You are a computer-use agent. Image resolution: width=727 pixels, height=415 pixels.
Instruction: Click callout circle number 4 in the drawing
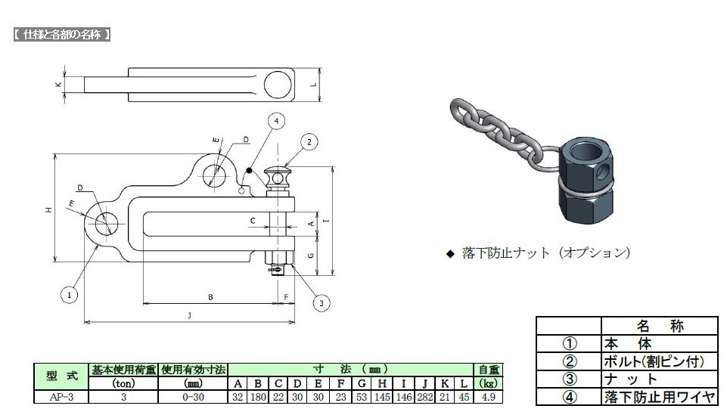click(x=276, y=122)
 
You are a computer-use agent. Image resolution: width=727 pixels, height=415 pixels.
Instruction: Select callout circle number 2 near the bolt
click(x=309, y=141)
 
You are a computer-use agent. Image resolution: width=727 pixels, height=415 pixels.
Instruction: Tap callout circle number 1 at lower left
click(x=70, y=295)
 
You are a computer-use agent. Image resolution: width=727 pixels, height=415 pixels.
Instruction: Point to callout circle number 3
click(x=322, y=303)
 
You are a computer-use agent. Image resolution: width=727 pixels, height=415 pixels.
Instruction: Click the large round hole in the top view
click(x=278, y=85)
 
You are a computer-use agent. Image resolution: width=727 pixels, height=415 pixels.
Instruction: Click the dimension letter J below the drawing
click(x=189, y=315)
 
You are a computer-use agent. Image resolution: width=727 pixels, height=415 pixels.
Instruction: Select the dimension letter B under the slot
click(x=210, y=297)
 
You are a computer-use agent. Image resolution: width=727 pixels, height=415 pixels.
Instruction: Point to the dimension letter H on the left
click(x=48, y=210)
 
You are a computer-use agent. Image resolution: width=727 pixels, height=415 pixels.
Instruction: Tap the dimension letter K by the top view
click(x=58, y=85)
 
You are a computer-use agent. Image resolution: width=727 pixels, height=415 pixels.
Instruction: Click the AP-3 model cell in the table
click(x=61, y=397)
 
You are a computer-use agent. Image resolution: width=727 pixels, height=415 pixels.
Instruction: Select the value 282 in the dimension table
click(x=424, y=397)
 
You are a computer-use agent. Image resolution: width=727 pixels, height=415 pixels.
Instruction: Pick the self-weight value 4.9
click(x=488, y=397)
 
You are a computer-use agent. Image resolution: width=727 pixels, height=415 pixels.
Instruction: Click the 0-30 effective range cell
click(x=193, y=397)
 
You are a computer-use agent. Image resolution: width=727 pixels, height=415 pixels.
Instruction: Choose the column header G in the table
click(x=362, y=383)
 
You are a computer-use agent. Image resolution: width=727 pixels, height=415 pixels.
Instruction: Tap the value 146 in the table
click(x=403, y=397)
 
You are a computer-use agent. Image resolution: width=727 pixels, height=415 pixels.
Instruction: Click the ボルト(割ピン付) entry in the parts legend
click(x=654, y=361)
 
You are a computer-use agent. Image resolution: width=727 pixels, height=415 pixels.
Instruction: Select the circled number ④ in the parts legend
click(x=570, y=397)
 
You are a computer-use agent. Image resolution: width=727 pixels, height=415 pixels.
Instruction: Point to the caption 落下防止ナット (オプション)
click(x=545, y=253)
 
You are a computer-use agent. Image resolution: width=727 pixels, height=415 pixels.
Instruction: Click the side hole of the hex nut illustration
click(x=601, y=172)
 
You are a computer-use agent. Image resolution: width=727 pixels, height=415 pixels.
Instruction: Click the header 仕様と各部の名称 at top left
click(x=62, y=34)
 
